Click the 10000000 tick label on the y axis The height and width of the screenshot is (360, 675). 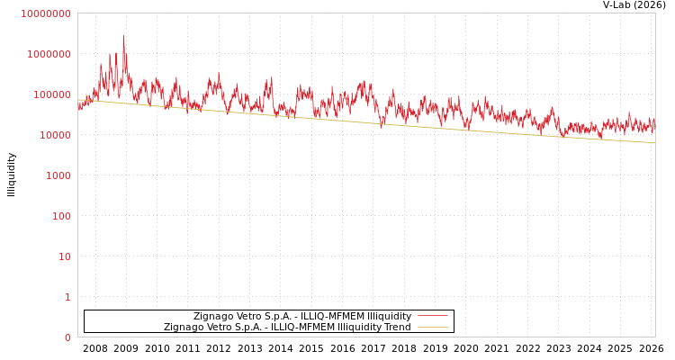point(45,13)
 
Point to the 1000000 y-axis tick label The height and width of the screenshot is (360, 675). point(49,54)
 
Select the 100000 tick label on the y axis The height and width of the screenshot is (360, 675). point(52,94)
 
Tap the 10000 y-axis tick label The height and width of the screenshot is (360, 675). point(55,135)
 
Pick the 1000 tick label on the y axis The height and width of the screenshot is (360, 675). point(58,175)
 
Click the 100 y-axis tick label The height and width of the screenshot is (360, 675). point(61,216)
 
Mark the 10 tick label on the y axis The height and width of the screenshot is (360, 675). point(65,256)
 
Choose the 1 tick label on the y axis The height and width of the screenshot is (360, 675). point(67,297)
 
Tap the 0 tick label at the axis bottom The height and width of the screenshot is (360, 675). point(67,337)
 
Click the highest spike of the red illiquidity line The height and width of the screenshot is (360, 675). point(124,37)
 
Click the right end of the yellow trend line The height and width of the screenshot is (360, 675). point(654,142)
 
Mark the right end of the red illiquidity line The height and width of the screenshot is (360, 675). point(654,125)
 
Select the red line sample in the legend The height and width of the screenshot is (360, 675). point(432,317)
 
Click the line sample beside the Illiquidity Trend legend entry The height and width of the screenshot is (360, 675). point(432,328)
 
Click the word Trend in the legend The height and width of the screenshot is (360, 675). point(397,328)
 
